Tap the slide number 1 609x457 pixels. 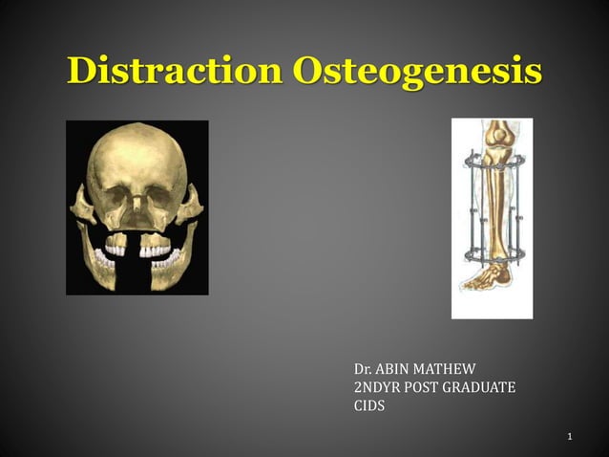[x=569, y=438]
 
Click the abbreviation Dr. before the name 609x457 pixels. [x=363, y=368]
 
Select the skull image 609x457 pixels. [x=136, y=207]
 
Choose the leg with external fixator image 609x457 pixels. [x=492, y=218]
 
